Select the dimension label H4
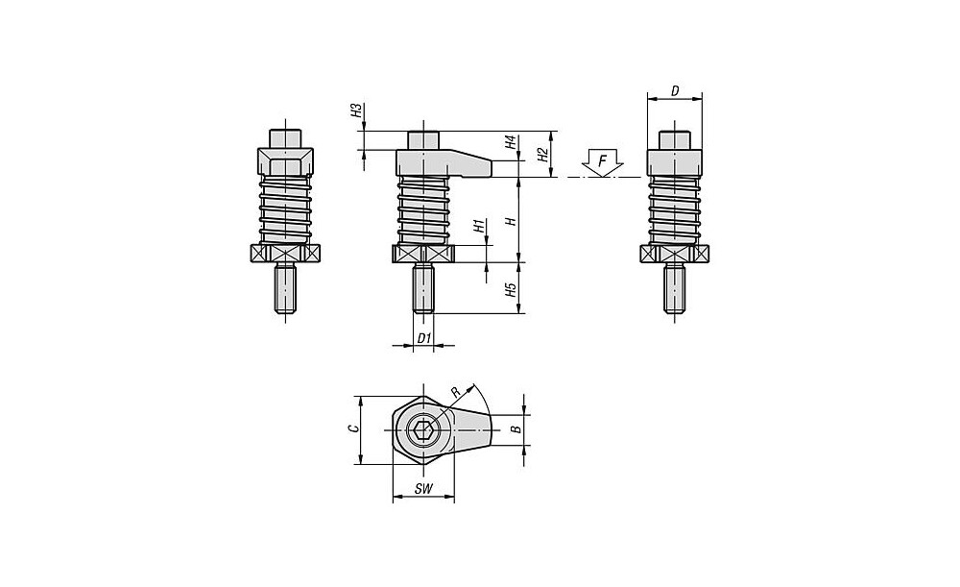pos(510,144)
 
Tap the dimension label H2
pos(541,155)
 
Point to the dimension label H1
pos(479,226)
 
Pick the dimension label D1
pos(423,337)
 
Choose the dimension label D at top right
pos(675,91)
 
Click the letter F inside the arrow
pos(603,161)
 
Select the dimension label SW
pos(423,489)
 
